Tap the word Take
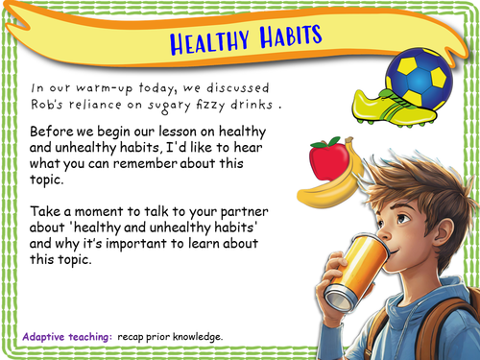coord(48,210)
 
